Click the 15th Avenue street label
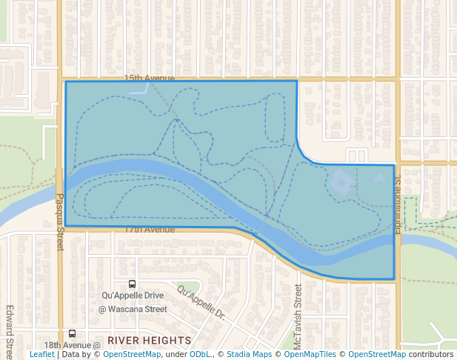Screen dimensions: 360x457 click(149, 79)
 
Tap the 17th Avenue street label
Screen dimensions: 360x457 click(149, 230)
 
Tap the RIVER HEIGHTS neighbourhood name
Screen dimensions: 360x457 click(149, 340)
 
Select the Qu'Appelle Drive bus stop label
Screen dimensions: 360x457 click(133, 296)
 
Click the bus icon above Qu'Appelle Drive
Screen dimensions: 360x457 click(132, 283)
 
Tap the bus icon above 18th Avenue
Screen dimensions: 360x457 click(72, 333)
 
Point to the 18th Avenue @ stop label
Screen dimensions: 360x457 click(72, 345)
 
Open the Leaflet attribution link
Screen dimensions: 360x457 click(41, 355)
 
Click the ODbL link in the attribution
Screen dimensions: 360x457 click(200, 355)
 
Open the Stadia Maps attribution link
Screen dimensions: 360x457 click(250, 355)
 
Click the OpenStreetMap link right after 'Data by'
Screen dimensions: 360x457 click(132, 355)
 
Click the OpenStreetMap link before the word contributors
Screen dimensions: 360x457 click(377, 355)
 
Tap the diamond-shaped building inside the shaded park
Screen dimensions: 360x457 click(341, 181)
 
